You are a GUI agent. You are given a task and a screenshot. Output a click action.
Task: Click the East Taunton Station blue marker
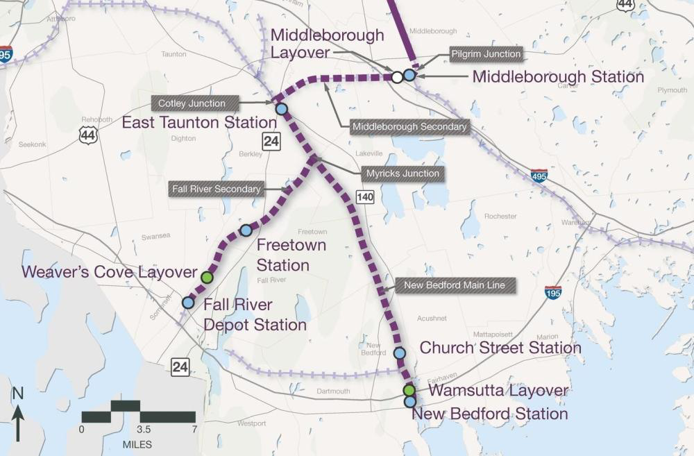pyautogui.click(x=281, y=109)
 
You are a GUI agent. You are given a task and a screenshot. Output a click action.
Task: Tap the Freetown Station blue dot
pyautogui.click(x=245, y=230)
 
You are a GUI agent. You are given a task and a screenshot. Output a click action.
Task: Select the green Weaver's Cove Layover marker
pyautogui.click(x=206, y=277)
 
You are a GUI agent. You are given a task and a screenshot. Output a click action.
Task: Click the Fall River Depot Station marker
pyautogui.click(x=188, y=303)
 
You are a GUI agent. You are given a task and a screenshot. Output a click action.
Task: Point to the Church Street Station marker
pyautogui.click(x=400, y=353)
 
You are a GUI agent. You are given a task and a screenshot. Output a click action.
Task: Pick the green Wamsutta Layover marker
pyautogui.click(x=409, y=391)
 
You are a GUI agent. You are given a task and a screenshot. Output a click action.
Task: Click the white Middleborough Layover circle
pyautogui.click(x=397, y=77)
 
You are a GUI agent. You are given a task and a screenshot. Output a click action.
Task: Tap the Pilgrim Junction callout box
pyautogui.click(x=485, y=54)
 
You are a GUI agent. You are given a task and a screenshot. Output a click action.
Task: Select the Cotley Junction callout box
pyautogui.click(x=192, y=103)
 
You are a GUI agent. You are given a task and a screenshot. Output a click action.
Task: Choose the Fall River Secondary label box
pyautogui.click(x=217, y=189)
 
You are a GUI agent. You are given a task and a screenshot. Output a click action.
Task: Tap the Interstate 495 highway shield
pyautogui.click(x=539, y=175)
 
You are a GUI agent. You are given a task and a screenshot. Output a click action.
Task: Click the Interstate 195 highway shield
pyautogui.click(x=553, y=292)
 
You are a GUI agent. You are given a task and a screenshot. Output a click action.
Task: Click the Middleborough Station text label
pyautogui.click(x=558, y=77)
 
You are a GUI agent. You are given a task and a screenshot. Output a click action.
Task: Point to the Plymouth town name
pyautogui.click(x=672, y=90)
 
